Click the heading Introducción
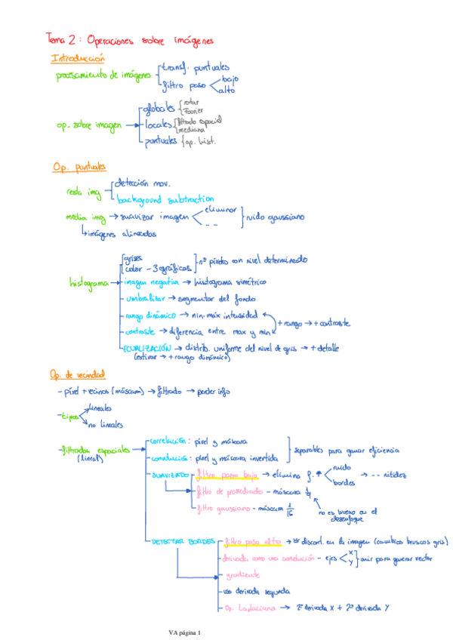coord(78,58)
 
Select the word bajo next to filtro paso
coord(230,78)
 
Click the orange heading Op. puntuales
coord(79,167)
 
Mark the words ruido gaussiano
coord(276,217)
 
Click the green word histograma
coord(89,283)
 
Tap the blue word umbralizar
coord(146,299)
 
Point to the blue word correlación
coord(168,441)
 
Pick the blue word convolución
coord(168,457)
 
